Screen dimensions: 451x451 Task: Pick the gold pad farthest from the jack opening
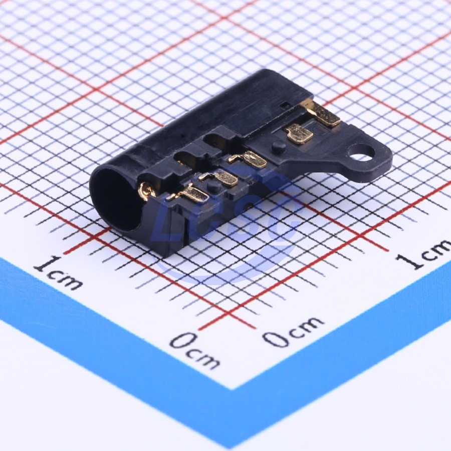click(x=322, y=113)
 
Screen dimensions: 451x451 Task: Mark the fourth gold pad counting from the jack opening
click(x=299, y=134)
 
